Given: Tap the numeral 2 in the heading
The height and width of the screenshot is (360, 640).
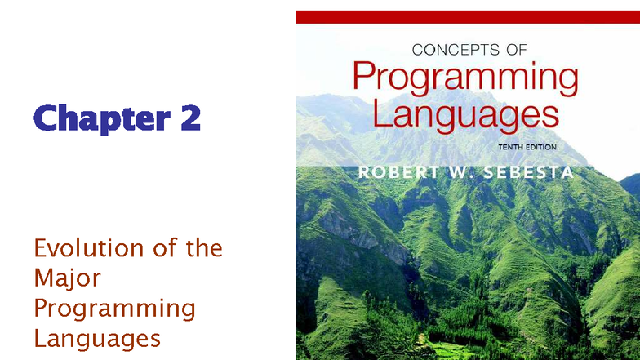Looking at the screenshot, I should click(190, 119).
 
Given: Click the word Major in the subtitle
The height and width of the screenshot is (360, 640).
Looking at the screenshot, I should click(67, 278).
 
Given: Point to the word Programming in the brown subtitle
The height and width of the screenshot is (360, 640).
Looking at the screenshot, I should click(114, 309).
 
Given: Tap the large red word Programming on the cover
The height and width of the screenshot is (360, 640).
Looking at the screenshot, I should click(465, 80).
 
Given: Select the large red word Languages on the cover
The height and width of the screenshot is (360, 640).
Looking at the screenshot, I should click(465, 113).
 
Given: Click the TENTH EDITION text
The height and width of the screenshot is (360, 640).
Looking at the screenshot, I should click(527, 147).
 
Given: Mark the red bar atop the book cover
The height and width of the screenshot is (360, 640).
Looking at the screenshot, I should click(467, 17).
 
